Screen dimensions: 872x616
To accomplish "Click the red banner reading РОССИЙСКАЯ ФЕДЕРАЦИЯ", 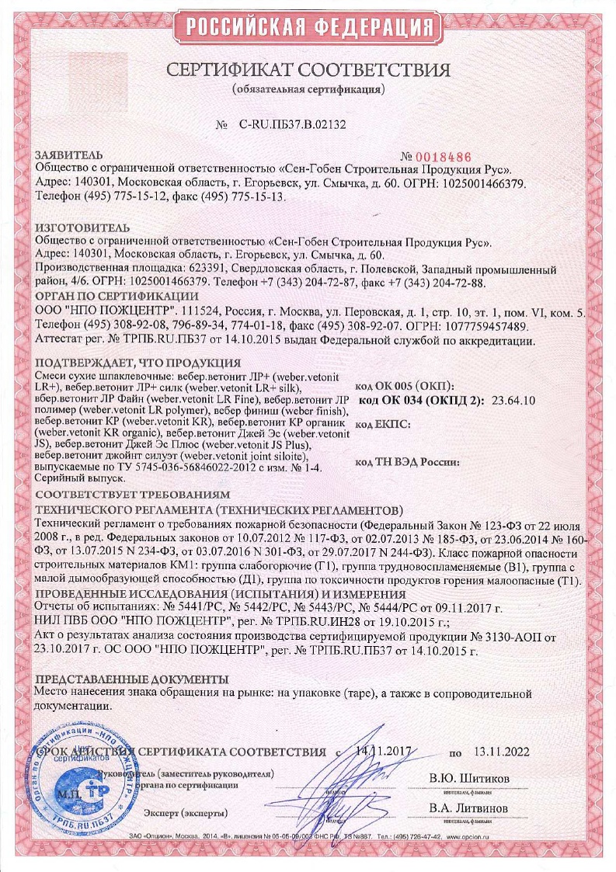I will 308,28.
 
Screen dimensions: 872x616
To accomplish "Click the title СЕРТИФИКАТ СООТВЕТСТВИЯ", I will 308,70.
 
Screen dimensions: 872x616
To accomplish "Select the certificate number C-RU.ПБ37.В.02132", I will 292,123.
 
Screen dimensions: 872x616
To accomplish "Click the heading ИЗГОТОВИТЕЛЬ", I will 79,228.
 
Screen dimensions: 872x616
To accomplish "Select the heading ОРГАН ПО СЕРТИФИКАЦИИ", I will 117,297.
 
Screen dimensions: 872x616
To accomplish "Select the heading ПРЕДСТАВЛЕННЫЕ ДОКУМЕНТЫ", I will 131,678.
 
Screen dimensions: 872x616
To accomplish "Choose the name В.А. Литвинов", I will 469,808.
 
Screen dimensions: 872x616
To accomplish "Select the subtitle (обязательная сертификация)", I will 308,90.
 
